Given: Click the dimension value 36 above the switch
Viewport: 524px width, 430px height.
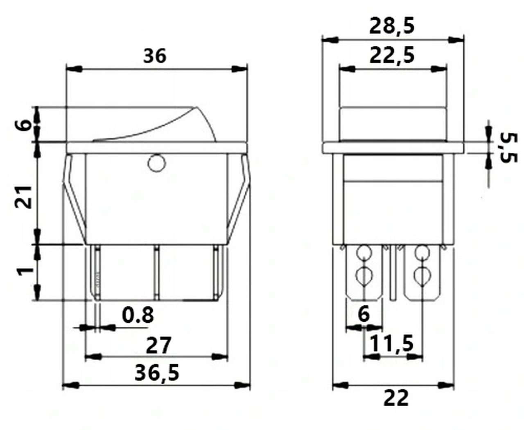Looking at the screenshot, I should [x=155, y=56].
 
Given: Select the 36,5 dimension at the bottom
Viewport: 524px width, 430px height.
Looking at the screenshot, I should [x=157, y=373].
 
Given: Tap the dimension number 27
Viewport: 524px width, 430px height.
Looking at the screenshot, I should [x=158, y=345].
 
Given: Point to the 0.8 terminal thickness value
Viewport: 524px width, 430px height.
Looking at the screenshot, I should [x=138, y=315].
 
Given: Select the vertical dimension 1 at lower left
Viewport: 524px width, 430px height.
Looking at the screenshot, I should [x=25, y=270].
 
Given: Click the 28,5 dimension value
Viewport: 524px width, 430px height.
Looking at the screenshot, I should [x=392, y=26].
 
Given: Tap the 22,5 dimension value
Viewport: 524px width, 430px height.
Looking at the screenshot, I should [x=392, y=55].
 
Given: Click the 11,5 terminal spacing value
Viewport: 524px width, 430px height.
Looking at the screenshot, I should [x=392, y=343].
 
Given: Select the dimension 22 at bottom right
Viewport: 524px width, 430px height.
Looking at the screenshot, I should [x=396, y=398].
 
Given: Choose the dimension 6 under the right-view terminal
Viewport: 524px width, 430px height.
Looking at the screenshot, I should [x=364, y=314].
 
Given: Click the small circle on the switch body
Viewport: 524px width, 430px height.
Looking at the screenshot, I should [x=156, y=163].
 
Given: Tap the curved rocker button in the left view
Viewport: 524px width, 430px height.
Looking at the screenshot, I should [x=164, y=125].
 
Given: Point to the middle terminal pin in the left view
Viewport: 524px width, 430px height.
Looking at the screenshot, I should [x=156, y=272].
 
